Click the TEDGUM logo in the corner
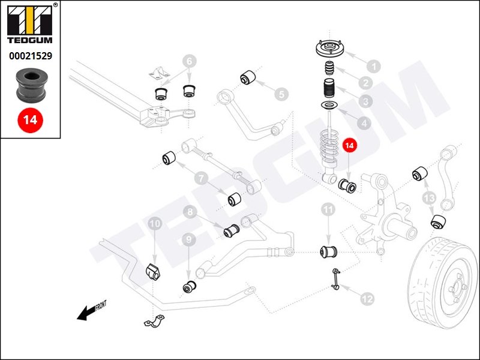pos(30,26)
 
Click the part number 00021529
pos(30,56)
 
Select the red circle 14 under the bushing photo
pos(30,119)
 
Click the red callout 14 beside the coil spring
pos(349,146)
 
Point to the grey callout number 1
pos(373,66)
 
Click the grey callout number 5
pos(281,94)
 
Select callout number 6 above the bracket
pos(189,61)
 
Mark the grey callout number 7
pos(200,177)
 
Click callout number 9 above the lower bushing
pos(189,240)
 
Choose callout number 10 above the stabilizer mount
pos(155,223)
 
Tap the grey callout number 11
pos(328,209)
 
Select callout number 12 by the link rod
pos(367,297)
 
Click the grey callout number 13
pos(428,197)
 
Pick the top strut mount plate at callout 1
pos(329,48)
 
